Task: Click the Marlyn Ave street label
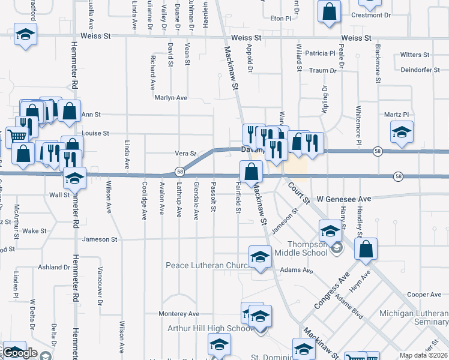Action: [170, 98]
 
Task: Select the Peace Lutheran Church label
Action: [207, 265]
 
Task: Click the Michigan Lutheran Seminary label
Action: [414, 318]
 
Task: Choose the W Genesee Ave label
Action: [353, 199]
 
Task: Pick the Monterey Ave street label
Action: [178, 314]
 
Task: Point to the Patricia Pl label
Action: [320, 53]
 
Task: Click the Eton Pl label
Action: [280, 19]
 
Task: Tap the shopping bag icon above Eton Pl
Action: [330, 12]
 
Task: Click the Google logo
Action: [20, 353]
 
